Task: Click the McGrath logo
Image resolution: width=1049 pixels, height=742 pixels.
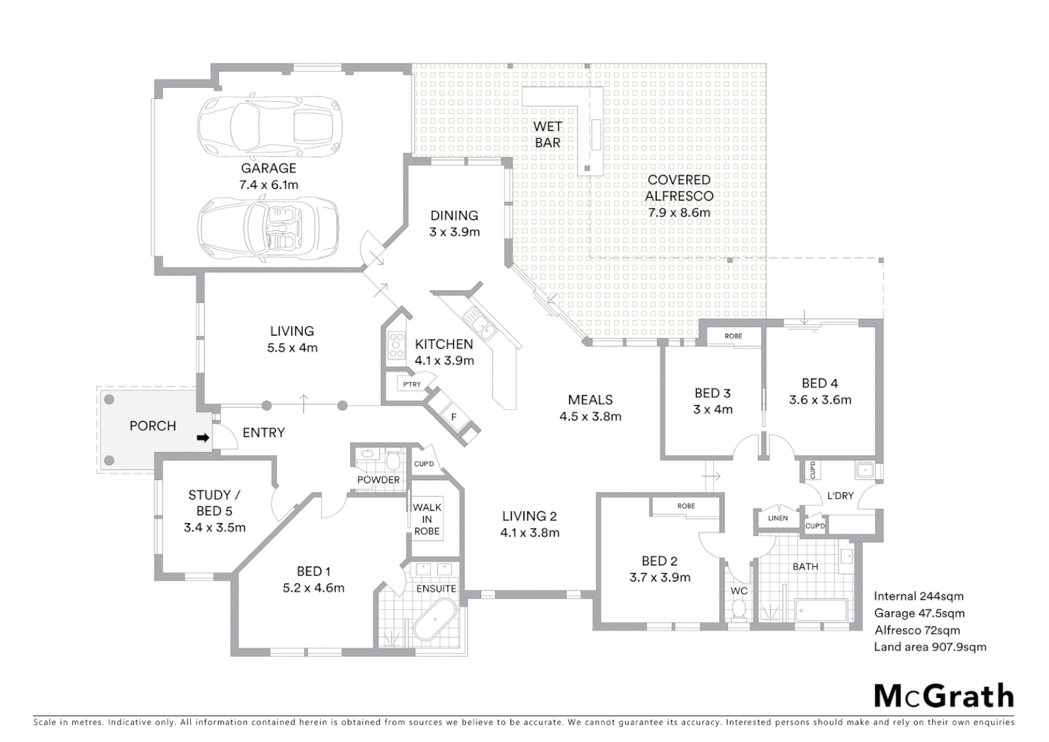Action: pyautogui.click(x=943, y=696)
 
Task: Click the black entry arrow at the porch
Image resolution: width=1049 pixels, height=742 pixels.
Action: pyautogui.click(x=203, y=438)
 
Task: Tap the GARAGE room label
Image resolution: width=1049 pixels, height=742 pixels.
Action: pyautogui.click(x=268, y=168)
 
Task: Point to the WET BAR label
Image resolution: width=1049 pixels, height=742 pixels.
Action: pyautogui.click(x=547, y=135)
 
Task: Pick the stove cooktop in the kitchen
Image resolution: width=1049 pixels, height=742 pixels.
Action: pyautogui.click(x=397, y=345)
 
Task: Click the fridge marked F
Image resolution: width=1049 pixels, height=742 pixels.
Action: pyautogui.click(x=454, y=416)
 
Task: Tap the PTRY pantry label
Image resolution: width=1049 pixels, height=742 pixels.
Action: pyautogui.click(x=412, y=384)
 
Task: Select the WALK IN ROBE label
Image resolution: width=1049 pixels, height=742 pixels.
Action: pyautogui.click(x=427, y=519)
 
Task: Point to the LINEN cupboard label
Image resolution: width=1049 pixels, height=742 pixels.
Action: pyautogui.click(x=778, y=518)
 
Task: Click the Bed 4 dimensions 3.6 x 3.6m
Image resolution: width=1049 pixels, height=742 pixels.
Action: pyautogui.click(x=820, y=400)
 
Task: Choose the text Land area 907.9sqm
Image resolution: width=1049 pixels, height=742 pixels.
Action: pyautogui.click(x=930, y=647)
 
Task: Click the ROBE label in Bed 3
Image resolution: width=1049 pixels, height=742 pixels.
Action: pyautogui.click(x=733, y=336)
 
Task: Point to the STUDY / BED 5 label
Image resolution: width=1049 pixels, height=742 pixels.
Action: pyautogui.click(x=214, y=503)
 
